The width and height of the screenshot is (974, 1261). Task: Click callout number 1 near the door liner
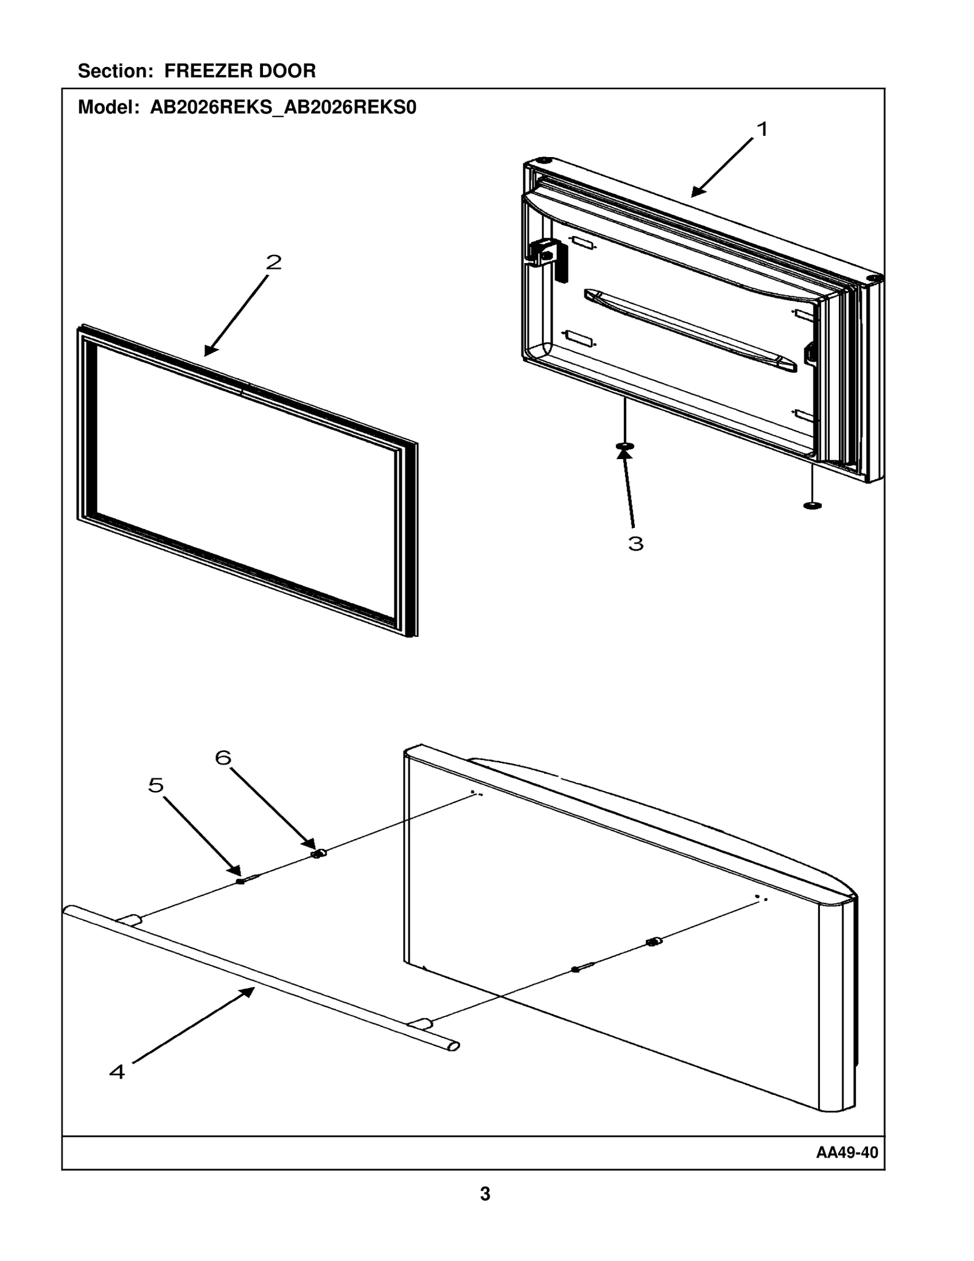tap(762, 129)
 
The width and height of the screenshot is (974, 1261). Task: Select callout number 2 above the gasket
tap(274, 262)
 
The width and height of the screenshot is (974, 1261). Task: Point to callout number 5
tap(156, 785)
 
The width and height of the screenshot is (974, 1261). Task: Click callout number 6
tap(223, 758)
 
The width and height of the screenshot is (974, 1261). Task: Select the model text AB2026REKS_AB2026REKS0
tap(283, 108)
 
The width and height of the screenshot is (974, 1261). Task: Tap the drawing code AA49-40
tap(847, 1153)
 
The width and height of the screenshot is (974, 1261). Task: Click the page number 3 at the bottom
tap(485, 1194)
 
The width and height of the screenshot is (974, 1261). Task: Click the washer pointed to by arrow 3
tap(625, 447)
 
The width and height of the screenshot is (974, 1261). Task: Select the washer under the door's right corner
tap(812, 505)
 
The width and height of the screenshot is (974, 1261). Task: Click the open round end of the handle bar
tap(454, 1047)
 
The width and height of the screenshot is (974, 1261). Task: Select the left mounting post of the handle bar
tap(130, 920)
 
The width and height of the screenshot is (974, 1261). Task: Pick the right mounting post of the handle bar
tap(419, 1024)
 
